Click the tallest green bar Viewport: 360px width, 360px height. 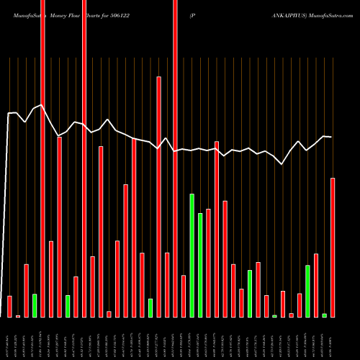pyautogui.click(x=192, y=256)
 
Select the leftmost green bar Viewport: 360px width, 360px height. pyautogui.click(x=34, y=305)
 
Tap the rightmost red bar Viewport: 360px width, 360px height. pyautogui.click(x=333, y=247)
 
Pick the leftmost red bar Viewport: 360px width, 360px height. pyautogui.click(x=9, y=306)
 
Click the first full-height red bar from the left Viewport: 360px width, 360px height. pyautogui.click(x=42, y=158)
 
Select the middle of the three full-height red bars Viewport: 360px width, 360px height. pyautogui.click(x=84, y=158)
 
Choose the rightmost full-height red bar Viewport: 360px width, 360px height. pyautogui.click(x=175, y=158)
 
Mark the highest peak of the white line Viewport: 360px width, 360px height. pyautogui.click(x=42, y=105)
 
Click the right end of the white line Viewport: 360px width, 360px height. pyautogui.click(x=332, y=137)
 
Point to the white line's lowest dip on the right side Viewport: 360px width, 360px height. pyautogui.click(x=282, y=164)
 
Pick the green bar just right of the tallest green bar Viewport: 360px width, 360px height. pyautogui.click(x=200, y=265)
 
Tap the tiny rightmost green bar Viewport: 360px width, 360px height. pyautogui.click(x=324, y=315)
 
